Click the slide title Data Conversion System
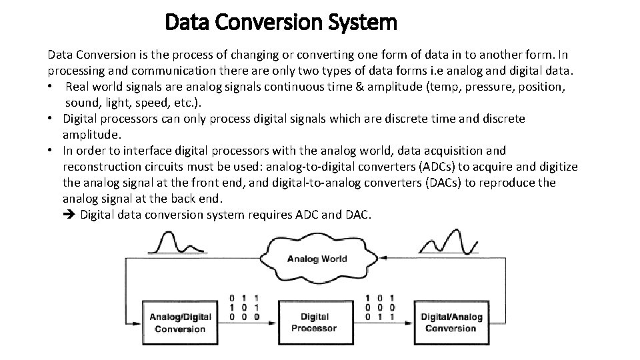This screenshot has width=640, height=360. (281, 23)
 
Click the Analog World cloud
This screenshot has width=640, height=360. (317, 258)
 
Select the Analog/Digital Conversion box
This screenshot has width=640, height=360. (180, 323)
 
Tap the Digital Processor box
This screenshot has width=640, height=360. (314, 323)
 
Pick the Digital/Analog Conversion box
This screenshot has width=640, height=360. (450, 323)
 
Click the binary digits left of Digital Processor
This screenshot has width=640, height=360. (245, 307)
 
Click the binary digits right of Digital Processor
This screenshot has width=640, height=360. (380, 307)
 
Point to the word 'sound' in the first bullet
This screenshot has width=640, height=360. (81, 103)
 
